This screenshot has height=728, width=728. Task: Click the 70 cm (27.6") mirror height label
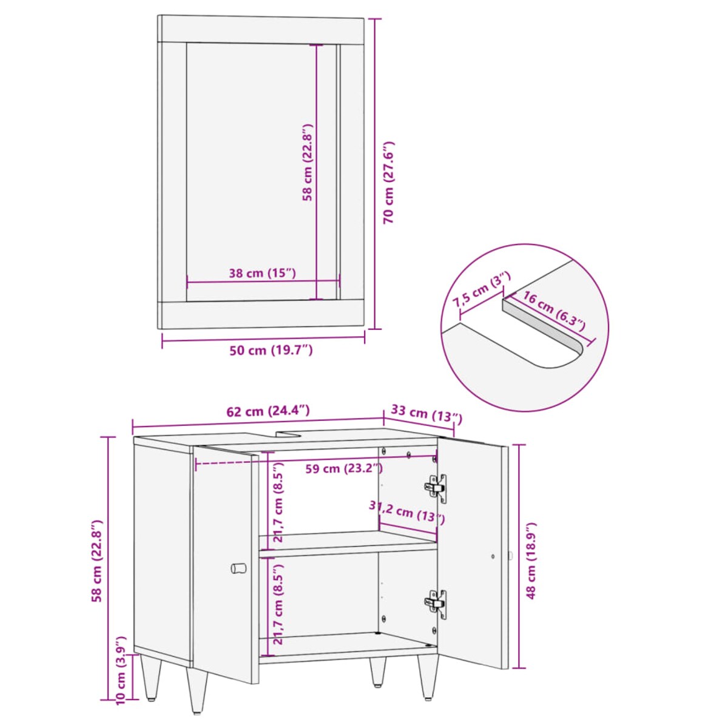[388, 183]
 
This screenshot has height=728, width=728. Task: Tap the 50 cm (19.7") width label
[271, 351]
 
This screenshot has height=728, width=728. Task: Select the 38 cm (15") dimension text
[262, 273]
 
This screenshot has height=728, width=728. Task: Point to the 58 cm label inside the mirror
[308, 162]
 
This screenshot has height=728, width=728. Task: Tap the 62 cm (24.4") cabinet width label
[268, 411]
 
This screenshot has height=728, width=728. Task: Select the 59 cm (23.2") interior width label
[344, 469]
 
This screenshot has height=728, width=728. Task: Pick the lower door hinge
[436, 604]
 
